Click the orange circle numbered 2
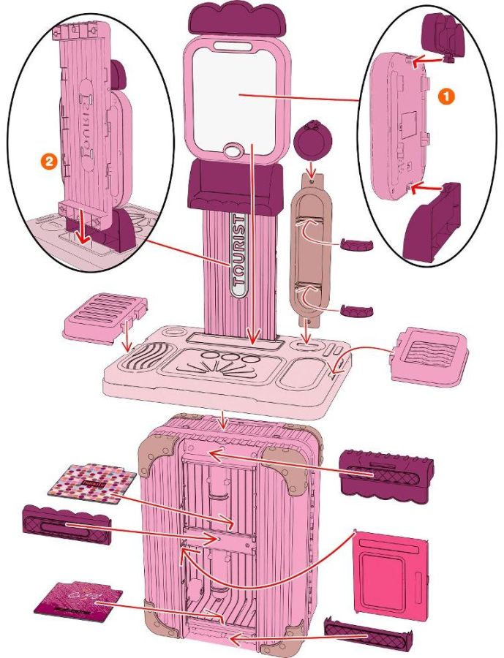click(49, 162)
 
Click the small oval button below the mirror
click(233, 151)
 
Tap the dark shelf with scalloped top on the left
click(67, 524)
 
